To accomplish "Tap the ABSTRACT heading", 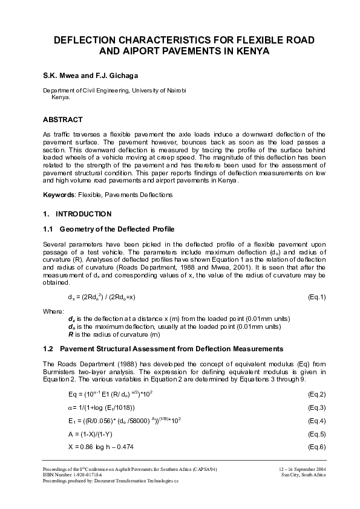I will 63,120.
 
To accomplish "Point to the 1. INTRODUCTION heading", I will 77,214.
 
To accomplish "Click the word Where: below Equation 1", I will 53,311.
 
